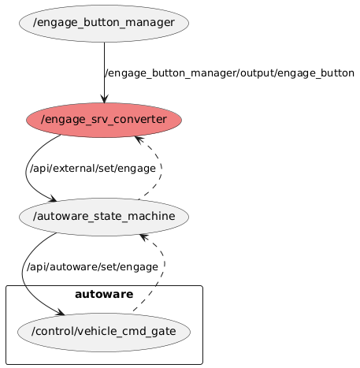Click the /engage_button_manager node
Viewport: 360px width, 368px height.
click(104, 22)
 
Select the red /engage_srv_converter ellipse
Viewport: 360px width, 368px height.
click(104, 119)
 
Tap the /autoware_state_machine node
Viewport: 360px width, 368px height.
click(104, 217)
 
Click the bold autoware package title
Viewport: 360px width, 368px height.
click(104, 295)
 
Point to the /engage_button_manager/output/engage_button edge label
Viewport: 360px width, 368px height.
click(229, 73)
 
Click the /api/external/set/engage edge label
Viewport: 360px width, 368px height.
click(92, 169)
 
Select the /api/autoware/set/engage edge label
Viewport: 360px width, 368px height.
click(92, 266)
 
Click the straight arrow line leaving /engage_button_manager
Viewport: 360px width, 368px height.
click(104, 63)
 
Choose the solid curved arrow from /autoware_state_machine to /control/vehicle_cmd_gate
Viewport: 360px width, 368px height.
click(26, 276)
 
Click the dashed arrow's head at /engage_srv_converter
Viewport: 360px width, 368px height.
click(138, 139)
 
